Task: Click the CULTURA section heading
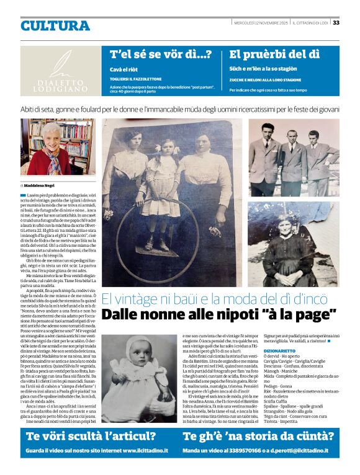[x=55, y=26]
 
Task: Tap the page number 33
[x=336, y=23]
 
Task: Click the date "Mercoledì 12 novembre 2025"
[x=268, y=24]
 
